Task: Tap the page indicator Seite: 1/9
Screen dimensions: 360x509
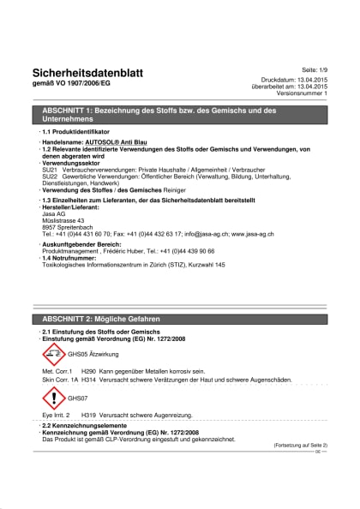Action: coord(313,68)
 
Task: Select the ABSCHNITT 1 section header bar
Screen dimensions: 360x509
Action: coord(180,116)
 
